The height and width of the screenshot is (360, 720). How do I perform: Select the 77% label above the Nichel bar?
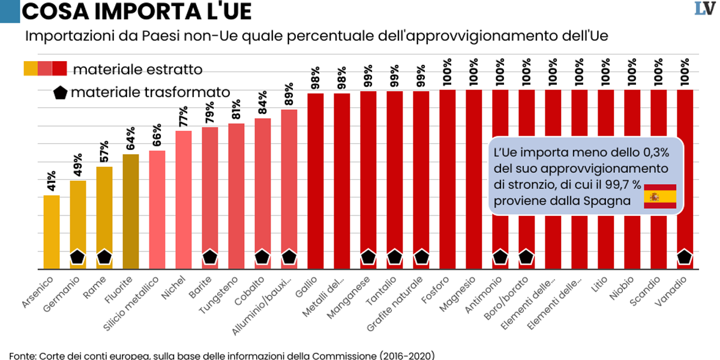pyautogui.click(x=184, y=117)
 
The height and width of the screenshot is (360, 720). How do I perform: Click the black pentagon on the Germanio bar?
pyautogui.click(x=78, y=257)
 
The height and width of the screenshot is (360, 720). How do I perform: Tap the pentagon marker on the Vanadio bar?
pyautogui.click(x=685, y=257)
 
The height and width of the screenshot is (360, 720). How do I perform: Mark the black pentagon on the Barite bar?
pyautogui.click(x=210, y=257)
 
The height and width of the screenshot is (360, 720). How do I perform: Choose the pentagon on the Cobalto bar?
pyautogui.click(x=263, y=257)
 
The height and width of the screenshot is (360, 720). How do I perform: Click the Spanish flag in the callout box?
pyautogui.click(x=660, y=196)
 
